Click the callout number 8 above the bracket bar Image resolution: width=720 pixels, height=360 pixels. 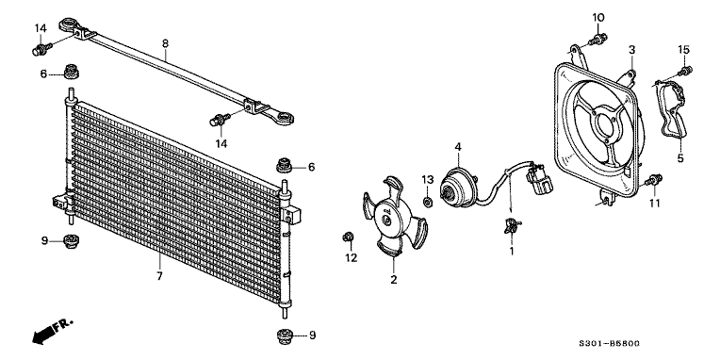(x=166, y=42)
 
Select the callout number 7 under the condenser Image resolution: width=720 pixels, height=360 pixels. (x=159, y=276)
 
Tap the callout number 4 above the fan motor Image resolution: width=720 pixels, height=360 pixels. (x=457, y=147)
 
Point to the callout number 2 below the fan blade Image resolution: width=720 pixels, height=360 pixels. (x=394, y=280)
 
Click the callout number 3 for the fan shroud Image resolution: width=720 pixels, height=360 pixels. (x=632, y=49)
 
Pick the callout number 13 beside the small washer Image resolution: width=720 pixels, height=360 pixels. (x=426, y=179)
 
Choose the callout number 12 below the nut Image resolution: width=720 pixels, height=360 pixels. (x=351, y=257)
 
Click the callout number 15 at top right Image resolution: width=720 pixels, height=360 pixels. (x=686, y=49)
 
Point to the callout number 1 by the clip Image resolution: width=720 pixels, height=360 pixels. (x=512, y=251)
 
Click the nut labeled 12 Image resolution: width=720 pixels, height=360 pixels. (x=350, y=236)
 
